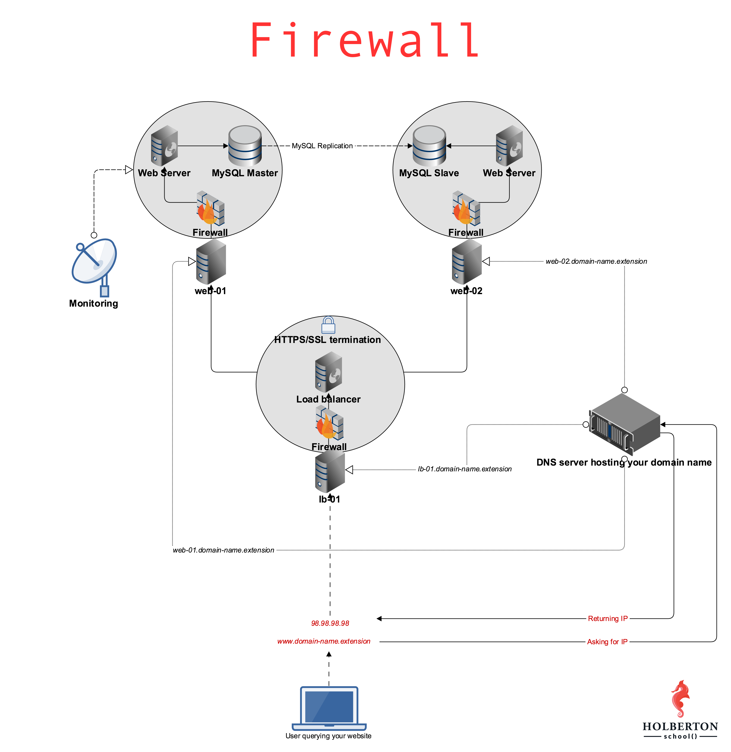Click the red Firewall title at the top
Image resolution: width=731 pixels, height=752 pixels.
pyautogui.click(x=365, y=40)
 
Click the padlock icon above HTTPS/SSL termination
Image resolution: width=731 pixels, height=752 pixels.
pyautogui.click(x=328, y=325)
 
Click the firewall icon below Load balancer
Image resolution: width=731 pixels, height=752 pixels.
pyautogui.click(x=329, y=424)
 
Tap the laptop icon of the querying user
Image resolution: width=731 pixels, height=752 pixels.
pyautogui.click(x=329, y=708)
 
